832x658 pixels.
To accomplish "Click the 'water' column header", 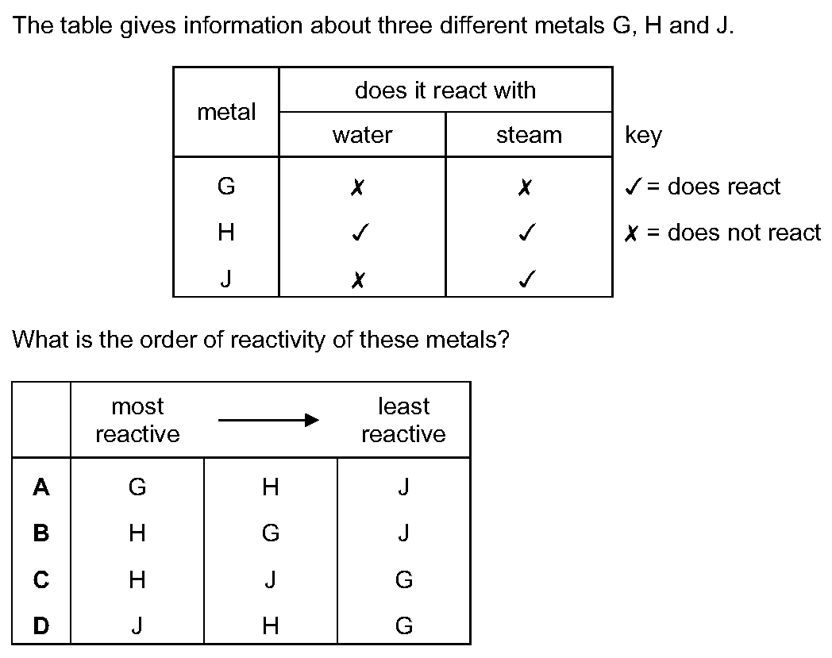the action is point(362,135).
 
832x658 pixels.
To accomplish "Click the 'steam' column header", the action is point(529,135).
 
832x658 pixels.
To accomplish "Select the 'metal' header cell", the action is point(226,112).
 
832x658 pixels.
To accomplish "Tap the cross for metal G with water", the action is point(357,187).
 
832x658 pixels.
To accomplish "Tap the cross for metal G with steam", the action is point(524,187).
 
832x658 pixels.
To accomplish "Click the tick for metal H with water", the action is point(360,232).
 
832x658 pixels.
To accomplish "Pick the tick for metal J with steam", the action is point(527,279).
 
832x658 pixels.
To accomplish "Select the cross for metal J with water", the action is point(358,279).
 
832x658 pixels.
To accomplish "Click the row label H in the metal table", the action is point(226,233).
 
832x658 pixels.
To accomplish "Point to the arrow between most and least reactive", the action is point(269,421).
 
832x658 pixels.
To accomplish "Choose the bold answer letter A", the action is point(40,487).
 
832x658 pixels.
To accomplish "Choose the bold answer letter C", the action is point(40,579).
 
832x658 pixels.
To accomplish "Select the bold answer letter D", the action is point(40,625).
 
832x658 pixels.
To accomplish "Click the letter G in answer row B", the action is point(271,533).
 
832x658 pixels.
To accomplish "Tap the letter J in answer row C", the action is point(270,579).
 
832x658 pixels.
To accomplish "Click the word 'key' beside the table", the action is point(644,136).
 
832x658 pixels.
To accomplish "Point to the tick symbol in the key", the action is point(634,186).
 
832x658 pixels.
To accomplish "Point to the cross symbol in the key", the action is point(631,233).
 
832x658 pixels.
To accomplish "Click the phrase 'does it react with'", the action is point(445,90).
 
